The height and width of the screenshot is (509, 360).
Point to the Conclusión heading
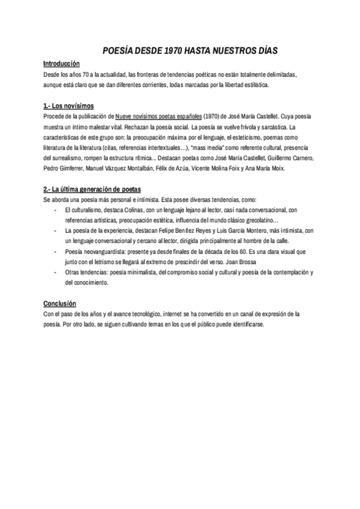[59, 303]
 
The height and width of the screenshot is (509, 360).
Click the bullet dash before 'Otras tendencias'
[55, 273]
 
